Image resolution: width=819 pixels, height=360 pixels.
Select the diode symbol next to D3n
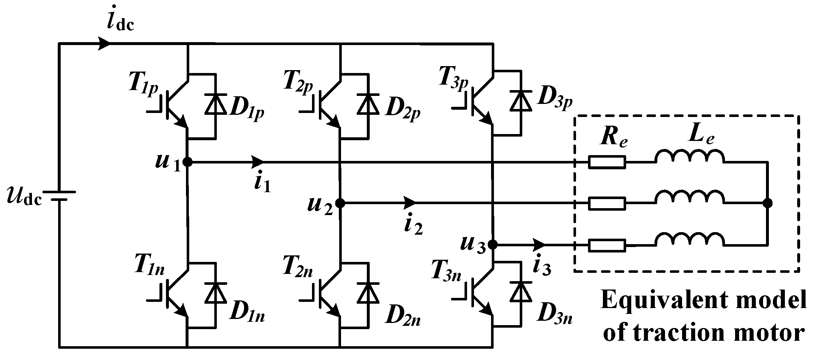tap(520, 292)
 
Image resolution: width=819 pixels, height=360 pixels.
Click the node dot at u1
tap(187, 162)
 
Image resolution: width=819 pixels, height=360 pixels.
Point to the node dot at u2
tap(340, 203)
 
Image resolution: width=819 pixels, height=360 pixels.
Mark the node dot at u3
tap(492, 244)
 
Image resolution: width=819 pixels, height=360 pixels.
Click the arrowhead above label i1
tap(257, 162)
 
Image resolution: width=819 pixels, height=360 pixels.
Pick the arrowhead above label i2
tap(410, 203)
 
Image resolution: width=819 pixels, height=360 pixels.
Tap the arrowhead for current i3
tap(539, 244)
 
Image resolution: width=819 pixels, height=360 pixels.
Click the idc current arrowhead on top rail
tap(105, 43)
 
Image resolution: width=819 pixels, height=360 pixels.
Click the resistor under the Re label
tap(607, 162)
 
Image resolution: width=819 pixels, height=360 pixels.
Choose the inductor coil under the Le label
tap(689, 157)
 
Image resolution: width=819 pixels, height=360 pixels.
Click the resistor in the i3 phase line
tap(607, 245)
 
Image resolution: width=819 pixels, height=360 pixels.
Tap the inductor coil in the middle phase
tap(689, 198)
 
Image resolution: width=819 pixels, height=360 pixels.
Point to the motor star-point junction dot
tap(767, 203)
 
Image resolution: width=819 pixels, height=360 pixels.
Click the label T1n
tap(149, 268)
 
